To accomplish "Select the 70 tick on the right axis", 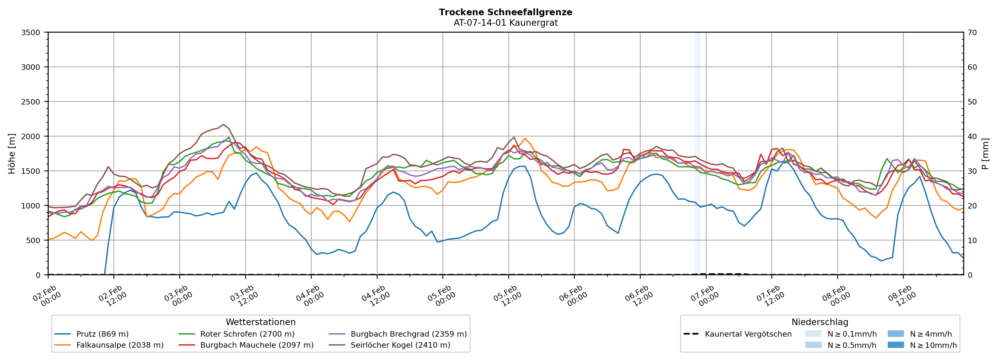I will pyautogui.click(x=973, y=33).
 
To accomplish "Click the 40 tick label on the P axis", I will pyautogui.click(x=973, y=136).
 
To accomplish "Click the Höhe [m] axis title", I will pyautogui.click(x=12, y=153).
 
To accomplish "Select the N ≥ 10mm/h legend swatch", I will pyautogui.click(x=895, y=345).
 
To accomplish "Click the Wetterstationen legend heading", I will pyautogui.click(x=260, y=322).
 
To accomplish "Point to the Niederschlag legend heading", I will pyautogui.click(x=819, y=322).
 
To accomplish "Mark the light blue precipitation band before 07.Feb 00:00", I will pyautogui.click(x=697, y=155).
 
